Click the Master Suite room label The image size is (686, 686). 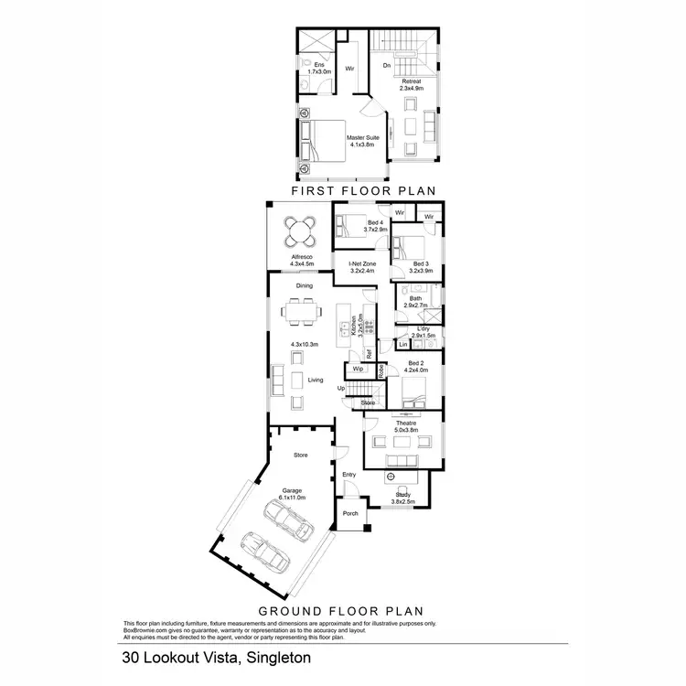[x=363, y=138]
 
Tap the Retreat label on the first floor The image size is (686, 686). [x=412, y=81]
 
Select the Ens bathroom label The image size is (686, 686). [x=319, y=65]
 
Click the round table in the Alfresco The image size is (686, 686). [x=301, y=230]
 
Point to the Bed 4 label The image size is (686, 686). [x=376, y=223]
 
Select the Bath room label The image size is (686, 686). [x=415, y=298]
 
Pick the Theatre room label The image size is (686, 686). [x=406, y=423]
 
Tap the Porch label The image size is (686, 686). [x=350, y=513]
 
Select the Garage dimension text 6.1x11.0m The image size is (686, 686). [x=292, y=497]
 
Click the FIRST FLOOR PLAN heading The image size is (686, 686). [x=361, y=191]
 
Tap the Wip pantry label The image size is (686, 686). [x=358, y=370]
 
